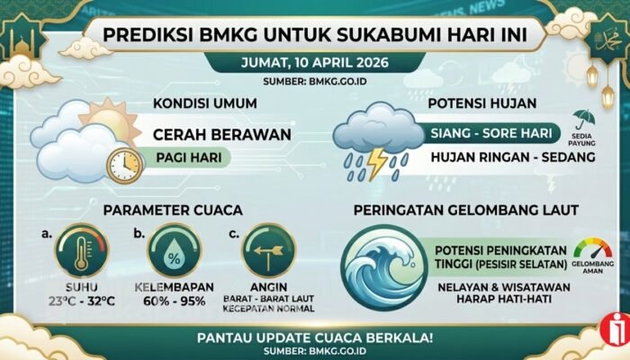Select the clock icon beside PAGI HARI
click(x=123, y=164)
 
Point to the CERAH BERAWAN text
click(x=221, y=134)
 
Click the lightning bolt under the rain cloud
click(x=375, y=164)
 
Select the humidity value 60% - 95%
click(x=174, y=300)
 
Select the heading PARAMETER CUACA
click(x=173, y=211)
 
